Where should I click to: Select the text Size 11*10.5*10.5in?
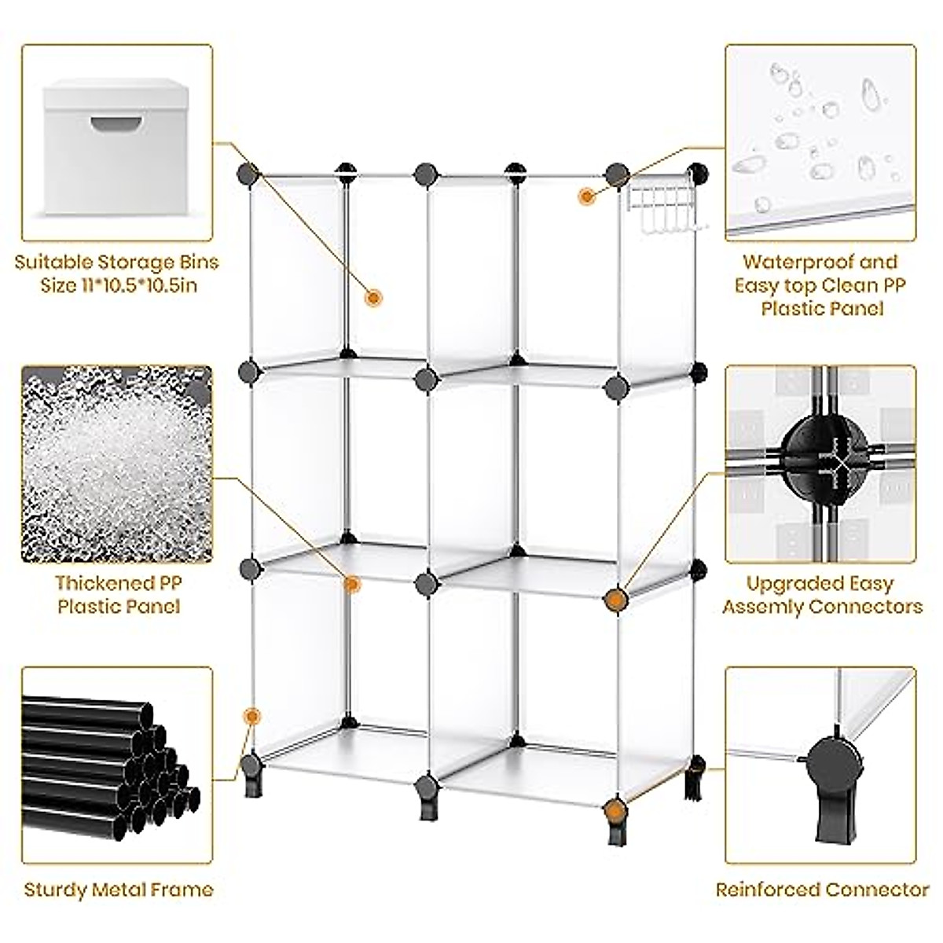pyautogui.click(x=118, y=285)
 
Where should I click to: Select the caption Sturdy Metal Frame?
pyautogui.click(x=119, y=890)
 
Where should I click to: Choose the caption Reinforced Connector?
pyautogui.click(x=822, y=890)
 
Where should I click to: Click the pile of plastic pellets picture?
pyautogui.click(x=116, y=464)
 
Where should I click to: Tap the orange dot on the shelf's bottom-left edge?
pyautogui.click(x=252, y=716)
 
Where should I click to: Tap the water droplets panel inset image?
pyautogui.click(x=820, y=141)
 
